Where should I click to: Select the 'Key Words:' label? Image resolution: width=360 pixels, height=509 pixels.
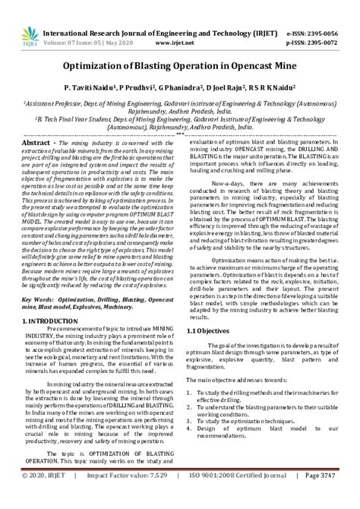click(x=47, y=301)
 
